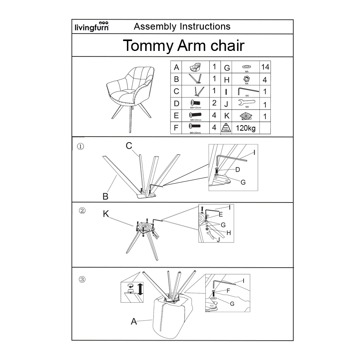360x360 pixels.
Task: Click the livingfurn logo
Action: pyautogui.click(x=92, y=26)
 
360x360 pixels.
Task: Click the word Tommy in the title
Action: pyautogui.click(x=147, y=46)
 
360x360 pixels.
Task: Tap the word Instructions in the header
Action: pyautogui.click(x=205, y=26)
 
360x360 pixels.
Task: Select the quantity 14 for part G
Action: pyautogui.click(x=265, y=67)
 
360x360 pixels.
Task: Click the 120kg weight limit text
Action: pyautogui.click(x=246, y=128)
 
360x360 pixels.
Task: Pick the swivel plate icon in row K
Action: pyautogui.click(x=246, y=116)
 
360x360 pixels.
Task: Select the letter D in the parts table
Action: pyautogui.click(x=176, y=104)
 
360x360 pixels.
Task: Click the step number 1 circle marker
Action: pyautogui.click(x=81, y=146)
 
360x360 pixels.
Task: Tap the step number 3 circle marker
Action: pyautogui.click(x=82, y=279)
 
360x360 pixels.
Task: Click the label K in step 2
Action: pyautogui.click(x=105, y=214)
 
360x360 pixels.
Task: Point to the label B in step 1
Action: pyautogui.click(x=105, y=196)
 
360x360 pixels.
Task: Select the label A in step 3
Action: pyautogui.click(x=134, y=322)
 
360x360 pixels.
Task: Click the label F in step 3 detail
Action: pyautogui.click(x=228, y=291)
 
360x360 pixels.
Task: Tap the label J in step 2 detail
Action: pyautogui.click(x=218, y=240)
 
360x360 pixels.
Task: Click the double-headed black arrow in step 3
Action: pyautogui.click(x=140, y=288)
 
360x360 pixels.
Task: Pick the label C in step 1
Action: pyautogui.click(x=129, y=146)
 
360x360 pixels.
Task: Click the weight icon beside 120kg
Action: pyautogui.click(x=227, y=128)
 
